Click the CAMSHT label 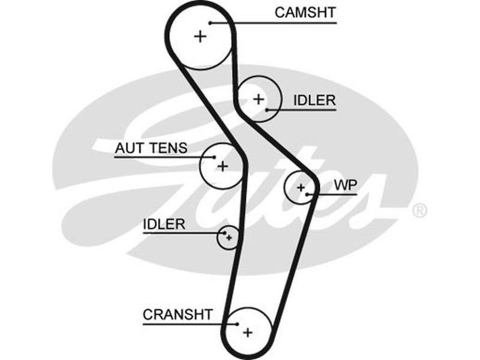pyautogui.click(x=306, y=12)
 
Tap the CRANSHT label pyautogui.click(x=178, y=314)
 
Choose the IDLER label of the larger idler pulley pyautogui.click(x=314, y=100)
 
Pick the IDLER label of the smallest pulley pyautogui.click(x=164, y=224)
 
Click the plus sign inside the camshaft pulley pyautogui.click(x=200, y=37)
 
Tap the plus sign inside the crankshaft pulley pyautogui.click(x=247, y=331)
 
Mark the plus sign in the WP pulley pyautogui.click(x=301, y=188)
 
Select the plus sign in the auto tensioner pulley pyautogui.click(x=222, y=166)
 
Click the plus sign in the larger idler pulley pyautogui.click(x=258, y=99)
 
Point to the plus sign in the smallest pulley pyautogui.click(x=229, y=238)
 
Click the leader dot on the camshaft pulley pyautogui.click(x=211, y=23)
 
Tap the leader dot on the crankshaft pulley pyautogui.click(x=236, y=324)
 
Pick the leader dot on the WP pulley pyautogui.click(x=307, y=194)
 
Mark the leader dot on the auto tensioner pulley pyautogui.click(x=213, y=158)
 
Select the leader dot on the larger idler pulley pyautogui.click(x=267, y=110)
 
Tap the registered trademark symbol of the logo pyautogui.click(x=419, y=210)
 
